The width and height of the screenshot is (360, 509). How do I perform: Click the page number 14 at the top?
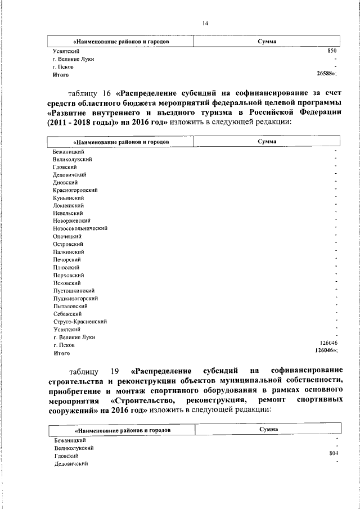205,23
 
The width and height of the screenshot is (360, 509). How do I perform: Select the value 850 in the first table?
332,51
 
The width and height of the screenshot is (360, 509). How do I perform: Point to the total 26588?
327,74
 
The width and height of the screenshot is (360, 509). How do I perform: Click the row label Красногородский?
75,190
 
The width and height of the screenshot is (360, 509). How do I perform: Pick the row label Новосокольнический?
80,229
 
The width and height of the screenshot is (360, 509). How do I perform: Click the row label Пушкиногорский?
76,298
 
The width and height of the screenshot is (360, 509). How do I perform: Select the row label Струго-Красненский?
80,322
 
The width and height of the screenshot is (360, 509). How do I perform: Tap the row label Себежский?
67,314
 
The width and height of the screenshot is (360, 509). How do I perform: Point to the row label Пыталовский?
70,306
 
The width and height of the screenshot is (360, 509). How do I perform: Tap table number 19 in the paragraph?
115,371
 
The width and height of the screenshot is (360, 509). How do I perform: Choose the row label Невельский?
67,213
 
